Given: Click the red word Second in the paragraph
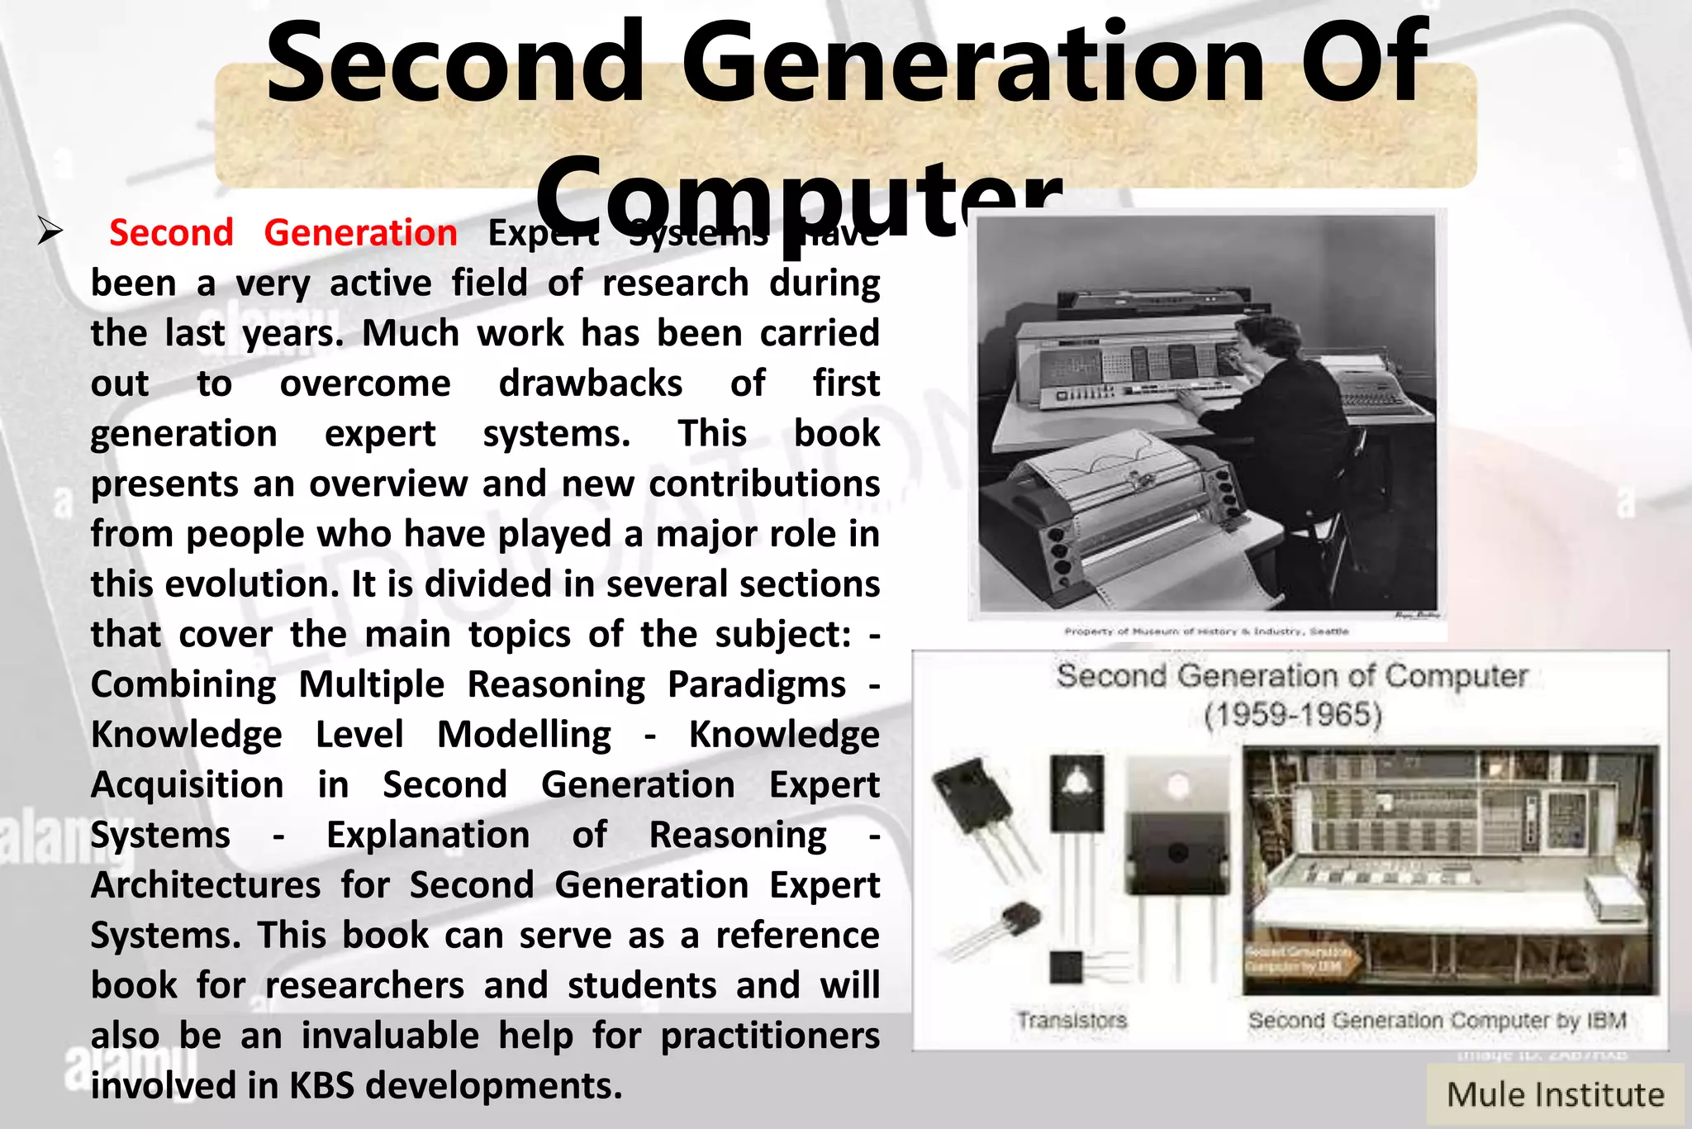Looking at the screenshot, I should point(171,233).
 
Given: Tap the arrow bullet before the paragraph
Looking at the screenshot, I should point(50,232).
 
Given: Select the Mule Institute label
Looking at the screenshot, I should point(1555,1095).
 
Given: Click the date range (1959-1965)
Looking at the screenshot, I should point(1293,714).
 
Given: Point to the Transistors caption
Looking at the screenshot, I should point(1072,1021).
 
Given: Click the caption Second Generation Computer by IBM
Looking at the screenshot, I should point(1437,1021).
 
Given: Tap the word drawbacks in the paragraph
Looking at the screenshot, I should point(590,383).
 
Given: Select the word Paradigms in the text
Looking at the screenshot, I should point(756,684).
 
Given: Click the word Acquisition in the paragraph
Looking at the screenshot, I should point(187,785).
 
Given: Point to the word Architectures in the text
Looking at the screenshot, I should point(206,885).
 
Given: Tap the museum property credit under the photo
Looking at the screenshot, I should point(1205,631).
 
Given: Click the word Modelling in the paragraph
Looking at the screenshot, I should point(524,735).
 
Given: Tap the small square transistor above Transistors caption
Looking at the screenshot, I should point(1066,966).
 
